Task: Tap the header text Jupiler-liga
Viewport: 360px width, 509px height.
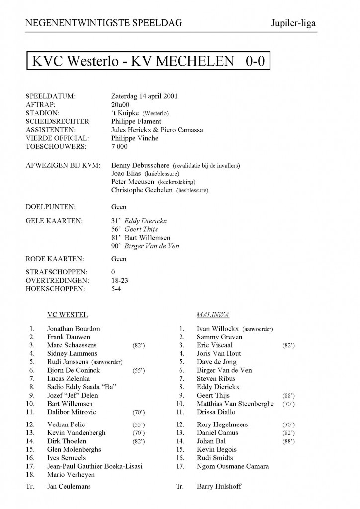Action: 293,23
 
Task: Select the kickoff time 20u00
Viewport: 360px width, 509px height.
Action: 121,104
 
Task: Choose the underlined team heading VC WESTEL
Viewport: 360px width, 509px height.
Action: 67,314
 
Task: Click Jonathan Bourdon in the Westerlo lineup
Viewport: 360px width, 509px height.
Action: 74,328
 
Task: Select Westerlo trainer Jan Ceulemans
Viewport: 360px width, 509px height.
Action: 69,486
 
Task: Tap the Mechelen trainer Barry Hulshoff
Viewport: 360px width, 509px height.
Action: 219,486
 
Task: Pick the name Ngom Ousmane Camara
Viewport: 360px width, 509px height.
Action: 233,466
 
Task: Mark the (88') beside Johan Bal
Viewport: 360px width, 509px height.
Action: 287,441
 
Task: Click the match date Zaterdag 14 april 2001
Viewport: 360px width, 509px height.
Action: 145,96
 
